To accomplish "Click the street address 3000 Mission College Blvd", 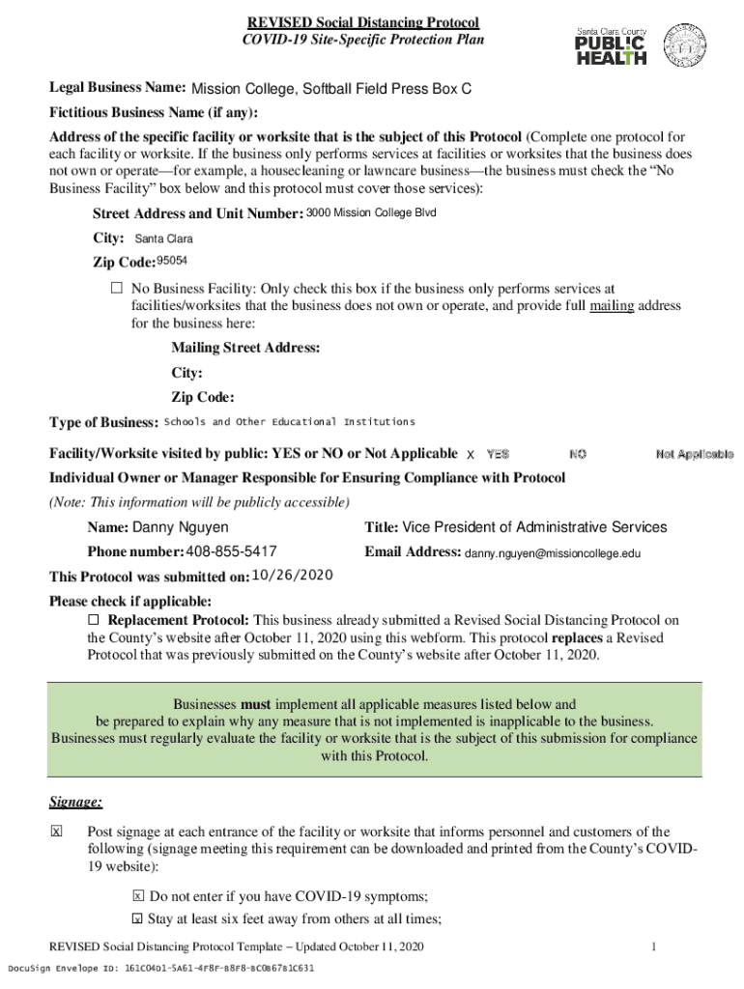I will [x=371, y=212].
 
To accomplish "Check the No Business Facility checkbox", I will [x=116, y=288].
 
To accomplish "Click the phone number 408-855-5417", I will [x=232, y=551].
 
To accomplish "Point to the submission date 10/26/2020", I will [x=292, y=576].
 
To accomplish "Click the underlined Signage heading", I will [x=75, y=802].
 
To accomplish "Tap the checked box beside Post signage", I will [x=56, y=832].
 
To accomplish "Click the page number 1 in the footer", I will [x=654, y=947].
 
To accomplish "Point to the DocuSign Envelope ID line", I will [x=160, y=968].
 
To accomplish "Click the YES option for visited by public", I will [x=498, y=454].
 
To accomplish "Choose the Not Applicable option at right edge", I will [x=694, y=454].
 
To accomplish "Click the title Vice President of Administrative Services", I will [x=534, y=527].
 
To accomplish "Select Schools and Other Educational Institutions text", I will [x=290, y=422].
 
